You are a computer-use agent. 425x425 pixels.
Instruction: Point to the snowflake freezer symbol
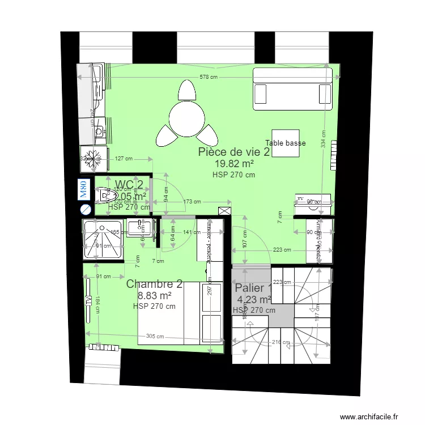point(93,158)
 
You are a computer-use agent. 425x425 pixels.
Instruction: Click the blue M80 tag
point(83,189)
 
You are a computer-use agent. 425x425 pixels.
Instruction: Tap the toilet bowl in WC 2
point(105,196)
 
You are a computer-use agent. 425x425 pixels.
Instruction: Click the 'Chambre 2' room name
point(154,284)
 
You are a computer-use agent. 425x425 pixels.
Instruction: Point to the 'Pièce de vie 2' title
point(233,152)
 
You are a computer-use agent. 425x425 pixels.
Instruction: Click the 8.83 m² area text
point(155,296)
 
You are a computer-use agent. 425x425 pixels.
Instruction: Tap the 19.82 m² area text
point(233,164)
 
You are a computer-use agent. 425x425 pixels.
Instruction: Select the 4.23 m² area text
point(254,300)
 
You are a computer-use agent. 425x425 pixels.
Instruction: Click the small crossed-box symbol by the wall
point(224,211)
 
